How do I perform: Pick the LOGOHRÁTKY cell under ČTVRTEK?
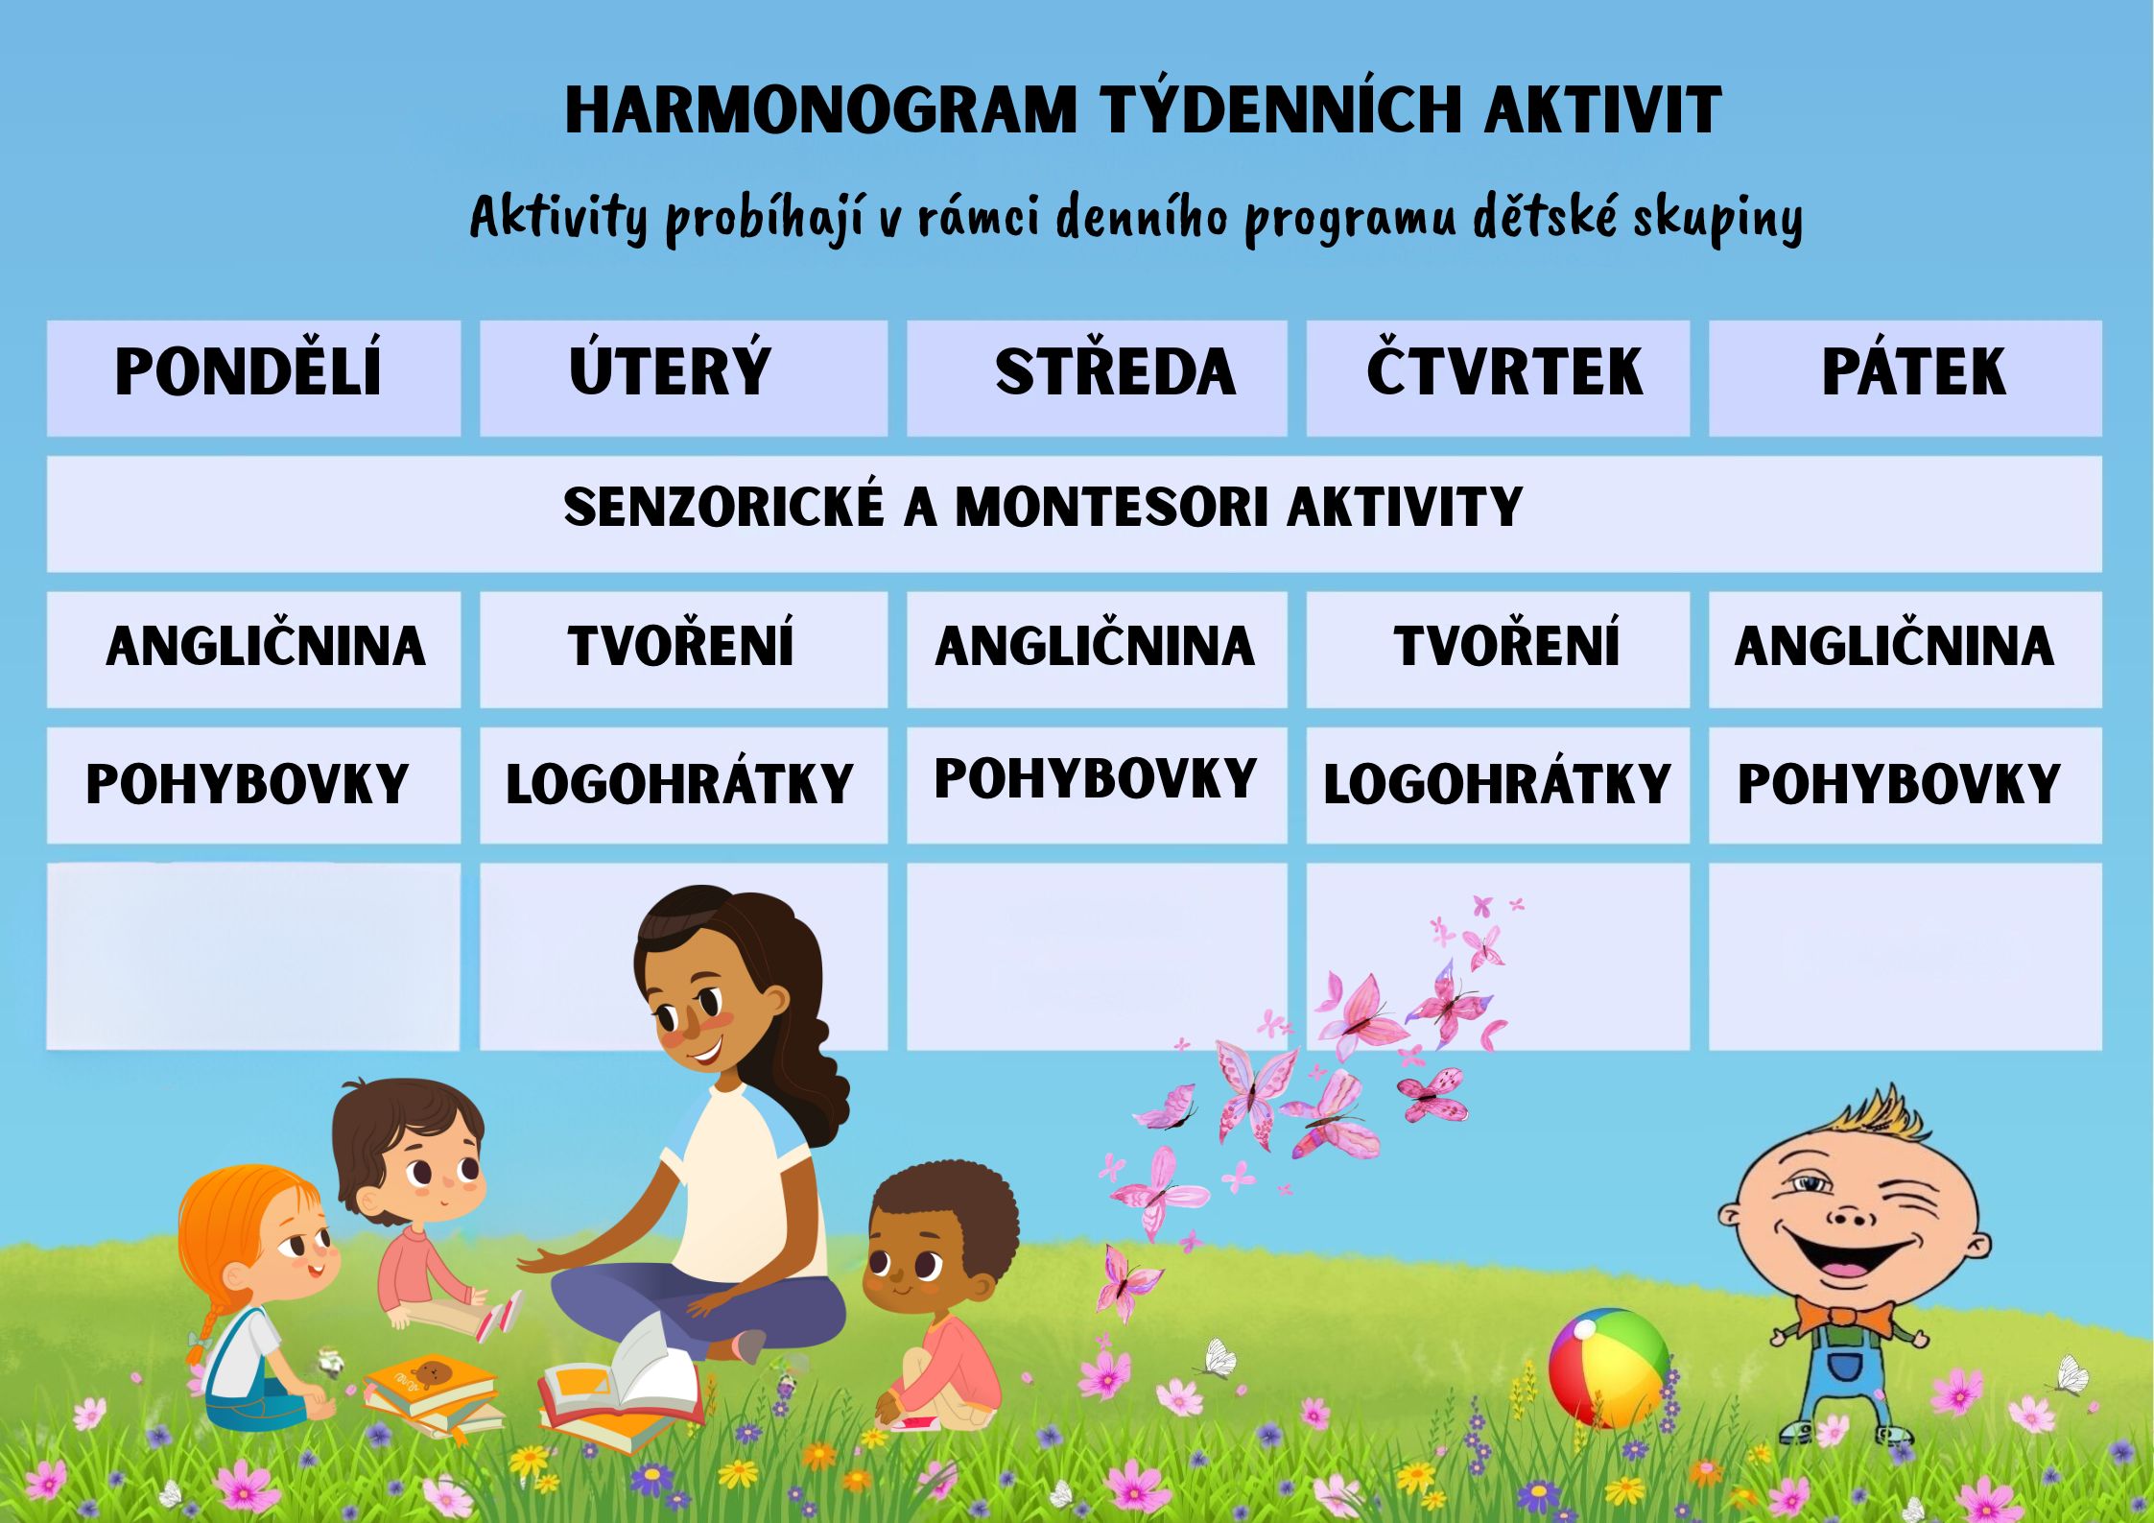click(x=1497, y=784)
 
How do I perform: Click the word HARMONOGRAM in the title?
click(x=821, y=110)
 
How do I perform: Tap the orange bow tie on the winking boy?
click(x=1844, y=1317)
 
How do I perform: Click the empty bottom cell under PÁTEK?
click(x=1905, y=956)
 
